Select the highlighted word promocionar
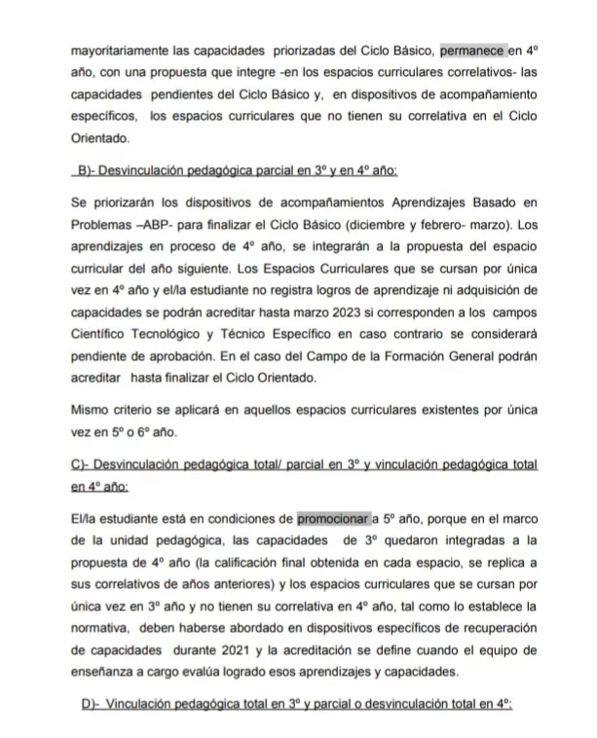click(332, 519)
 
